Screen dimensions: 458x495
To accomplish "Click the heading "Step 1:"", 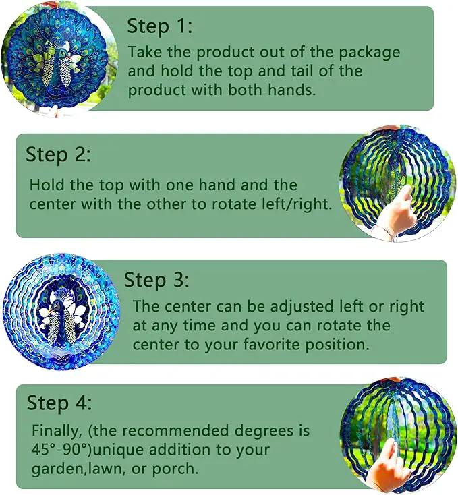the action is tap(159, 26).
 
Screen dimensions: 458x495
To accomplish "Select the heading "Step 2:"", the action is tap(58, 155).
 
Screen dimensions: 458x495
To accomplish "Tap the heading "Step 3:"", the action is tap(156, 280).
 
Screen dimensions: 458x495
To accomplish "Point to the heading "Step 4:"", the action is tap(59, 403).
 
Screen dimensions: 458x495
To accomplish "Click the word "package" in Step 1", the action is tap(370, 53).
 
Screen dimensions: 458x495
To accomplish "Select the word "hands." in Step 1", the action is tap(292, 90).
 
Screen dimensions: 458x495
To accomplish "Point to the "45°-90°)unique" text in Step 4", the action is tap(90, 450).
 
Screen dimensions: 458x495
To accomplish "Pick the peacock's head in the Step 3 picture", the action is tap(55, 305).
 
